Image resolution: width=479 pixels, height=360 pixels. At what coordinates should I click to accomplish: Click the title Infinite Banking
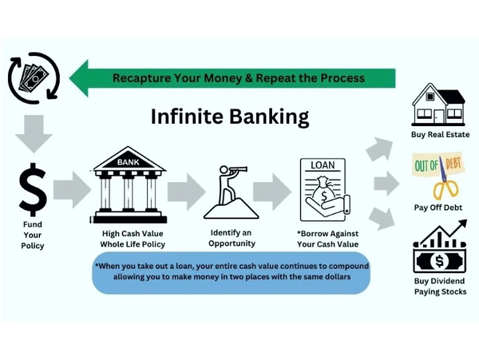click(230, 117)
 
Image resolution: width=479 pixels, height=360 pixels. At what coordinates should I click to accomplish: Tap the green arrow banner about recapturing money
click(232, 78)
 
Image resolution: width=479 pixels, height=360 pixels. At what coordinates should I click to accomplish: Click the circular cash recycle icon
click(34, 78)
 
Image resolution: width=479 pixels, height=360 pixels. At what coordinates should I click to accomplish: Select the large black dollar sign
click(33, 189)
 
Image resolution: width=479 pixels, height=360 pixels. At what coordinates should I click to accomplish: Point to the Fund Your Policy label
click(33, 235)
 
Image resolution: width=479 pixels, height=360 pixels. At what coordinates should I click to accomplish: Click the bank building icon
click(129, 184)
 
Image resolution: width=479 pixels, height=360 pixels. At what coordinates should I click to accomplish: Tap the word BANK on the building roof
click(129, 162)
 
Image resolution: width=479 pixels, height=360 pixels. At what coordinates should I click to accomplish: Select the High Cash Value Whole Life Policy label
click(133, 239)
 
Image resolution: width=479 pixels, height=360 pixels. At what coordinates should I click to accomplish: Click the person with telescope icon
click(232, 192)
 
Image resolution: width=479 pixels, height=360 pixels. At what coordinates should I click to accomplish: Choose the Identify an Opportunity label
click(232, 238)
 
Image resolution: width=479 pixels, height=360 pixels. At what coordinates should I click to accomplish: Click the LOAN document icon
click(325, 190)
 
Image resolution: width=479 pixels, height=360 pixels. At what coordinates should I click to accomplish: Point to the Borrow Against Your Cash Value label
click(327, 239)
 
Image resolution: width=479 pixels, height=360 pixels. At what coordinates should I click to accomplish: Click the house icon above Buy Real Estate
click(438, 105)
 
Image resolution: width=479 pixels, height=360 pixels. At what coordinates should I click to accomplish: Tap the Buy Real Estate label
click(440, 134)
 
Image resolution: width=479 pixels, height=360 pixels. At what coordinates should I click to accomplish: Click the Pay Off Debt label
click(438, 208)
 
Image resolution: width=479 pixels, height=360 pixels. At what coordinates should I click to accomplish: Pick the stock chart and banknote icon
click(440, 246)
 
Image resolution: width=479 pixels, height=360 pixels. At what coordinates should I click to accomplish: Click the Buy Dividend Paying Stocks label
click(440, 287)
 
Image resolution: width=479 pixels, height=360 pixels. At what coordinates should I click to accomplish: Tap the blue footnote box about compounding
click(232, 273)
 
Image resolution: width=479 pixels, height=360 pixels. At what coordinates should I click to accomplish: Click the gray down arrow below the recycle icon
click(34, 134)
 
